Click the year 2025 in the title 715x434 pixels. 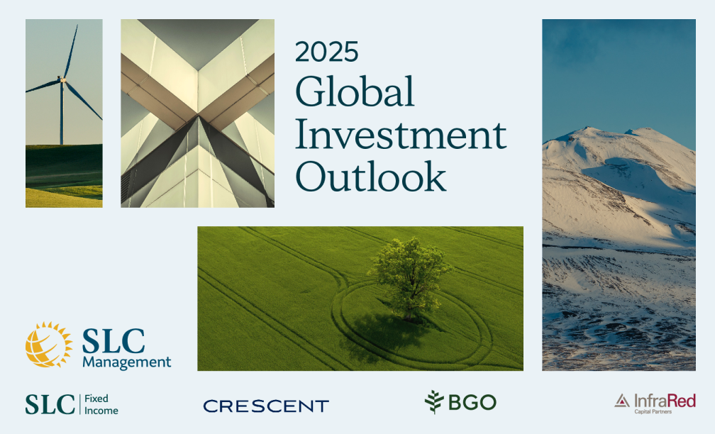pos(326,52)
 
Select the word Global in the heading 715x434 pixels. pos(355,91)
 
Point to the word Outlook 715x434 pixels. pos(371,177)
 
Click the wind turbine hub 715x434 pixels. pos(62,80)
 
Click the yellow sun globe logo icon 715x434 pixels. pos(49,345)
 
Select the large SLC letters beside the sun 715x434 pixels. pos(113,341)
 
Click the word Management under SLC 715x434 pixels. pos(127,362)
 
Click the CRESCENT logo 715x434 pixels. pos(266,406)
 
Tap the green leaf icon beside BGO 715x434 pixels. pos(434,402)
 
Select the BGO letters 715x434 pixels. pos(472,403)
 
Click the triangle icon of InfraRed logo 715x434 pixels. pos(622,401)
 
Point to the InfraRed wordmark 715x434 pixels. pos(665,401)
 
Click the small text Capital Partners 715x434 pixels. pos(653,411)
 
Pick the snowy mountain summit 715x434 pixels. pos(588,130)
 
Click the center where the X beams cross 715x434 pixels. pos(198,114)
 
